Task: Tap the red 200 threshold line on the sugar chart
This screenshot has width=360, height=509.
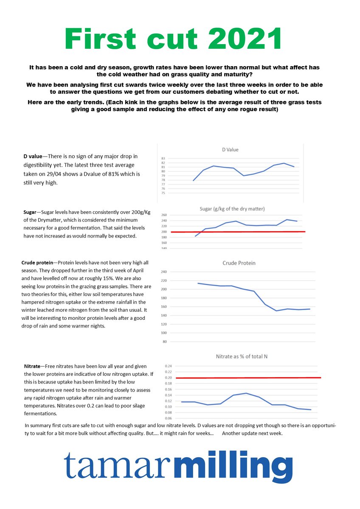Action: click(x=255, y=232)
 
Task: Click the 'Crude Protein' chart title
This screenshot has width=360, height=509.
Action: click(x=239, y=263)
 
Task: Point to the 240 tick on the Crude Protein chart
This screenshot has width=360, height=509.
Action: click(x=163, y=272)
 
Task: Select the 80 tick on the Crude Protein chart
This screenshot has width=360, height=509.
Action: click(x=164, y=341)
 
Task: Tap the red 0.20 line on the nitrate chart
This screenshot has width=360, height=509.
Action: click(x=255, y=378)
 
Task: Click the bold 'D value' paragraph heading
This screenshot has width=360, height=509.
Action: click(x=33, y=157)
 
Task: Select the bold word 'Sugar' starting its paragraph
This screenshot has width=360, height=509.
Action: click(x=30, y=211)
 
